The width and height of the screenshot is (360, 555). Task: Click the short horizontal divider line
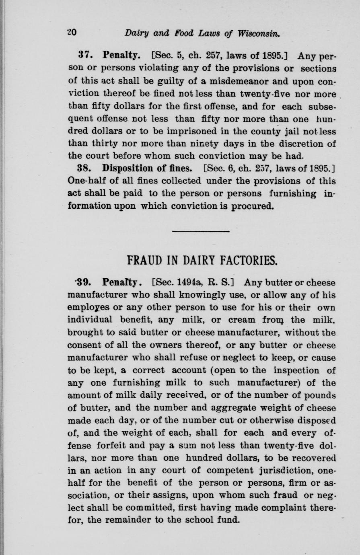[200, 232]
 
